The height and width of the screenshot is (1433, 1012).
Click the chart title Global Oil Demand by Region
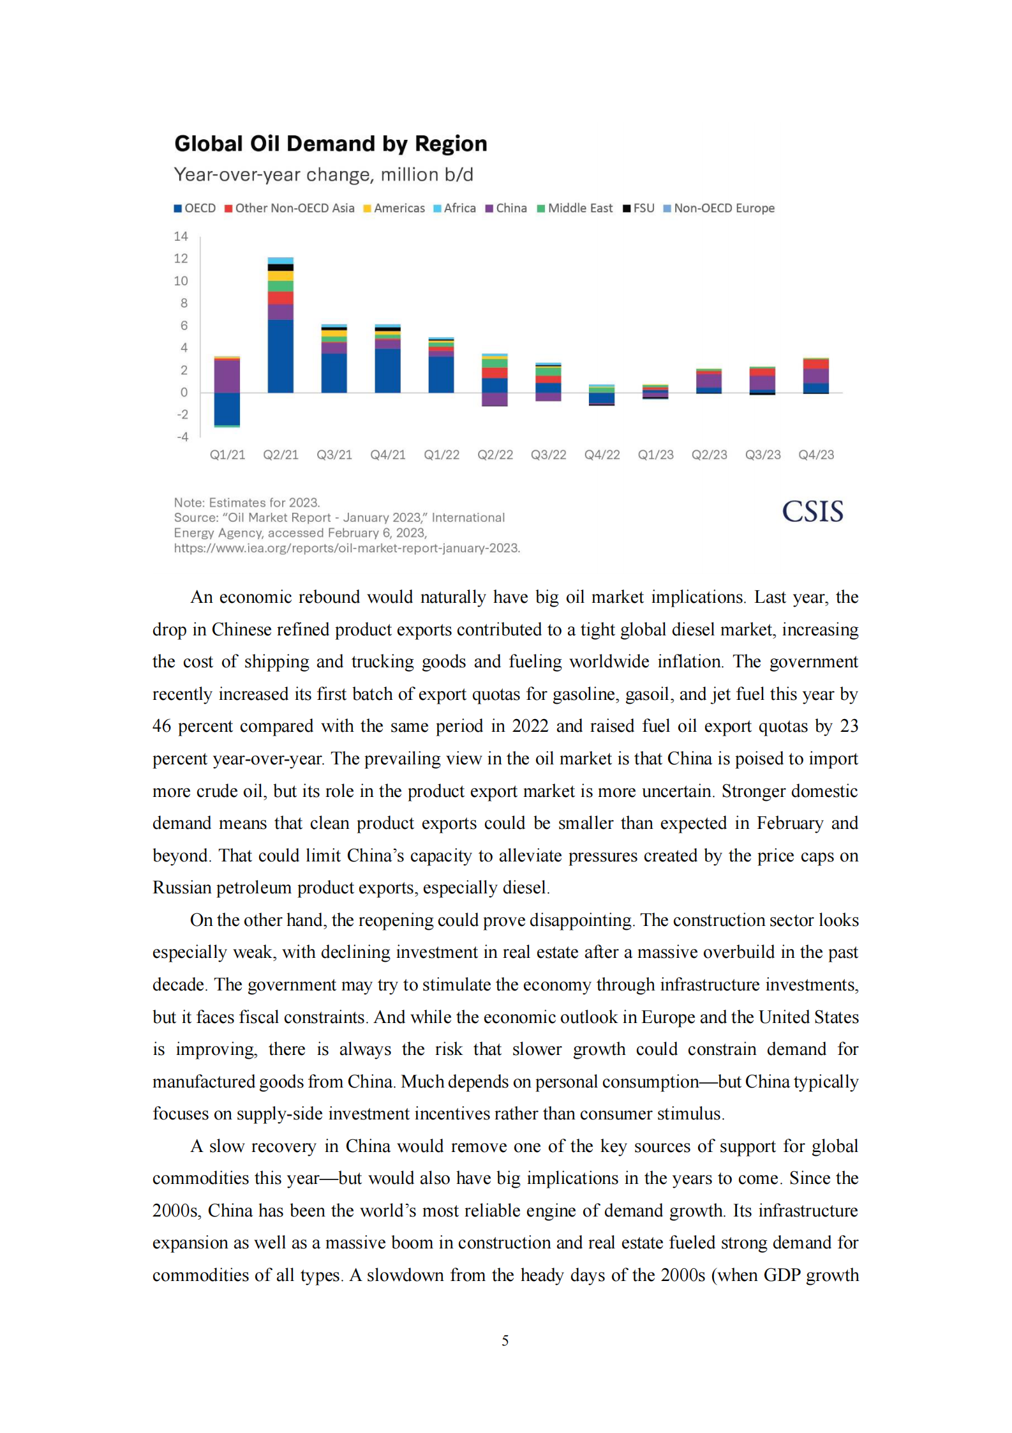[331, 144]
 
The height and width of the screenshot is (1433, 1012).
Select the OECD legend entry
[195, 208]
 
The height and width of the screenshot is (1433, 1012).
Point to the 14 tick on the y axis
[181, 236]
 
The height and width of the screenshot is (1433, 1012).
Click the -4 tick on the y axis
[182, 437]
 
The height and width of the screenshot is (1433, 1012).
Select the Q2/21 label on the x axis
[281, 455]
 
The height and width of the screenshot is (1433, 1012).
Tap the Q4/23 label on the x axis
[816, 455]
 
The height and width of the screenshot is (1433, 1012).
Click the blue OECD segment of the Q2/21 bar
[281, 356]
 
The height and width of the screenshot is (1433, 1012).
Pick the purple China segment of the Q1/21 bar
[227, 376]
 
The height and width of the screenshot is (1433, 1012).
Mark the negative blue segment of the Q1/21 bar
[227, 409]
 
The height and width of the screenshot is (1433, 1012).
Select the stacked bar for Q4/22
[602, 395]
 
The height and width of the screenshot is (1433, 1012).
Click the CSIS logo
[812, 512]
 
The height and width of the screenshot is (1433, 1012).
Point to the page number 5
[505, 1340]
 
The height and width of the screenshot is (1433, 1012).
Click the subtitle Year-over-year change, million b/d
[324, 174]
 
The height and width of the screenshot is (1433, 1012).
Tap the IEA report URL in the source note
[346, 548]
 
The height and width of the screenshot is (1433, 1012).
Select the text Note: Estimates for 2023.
[247, 503]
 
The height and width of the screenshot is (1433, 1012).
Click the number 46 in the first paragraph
[161, 726]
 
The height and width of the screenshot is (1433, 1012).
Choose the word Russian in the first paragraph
[182, 888]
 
